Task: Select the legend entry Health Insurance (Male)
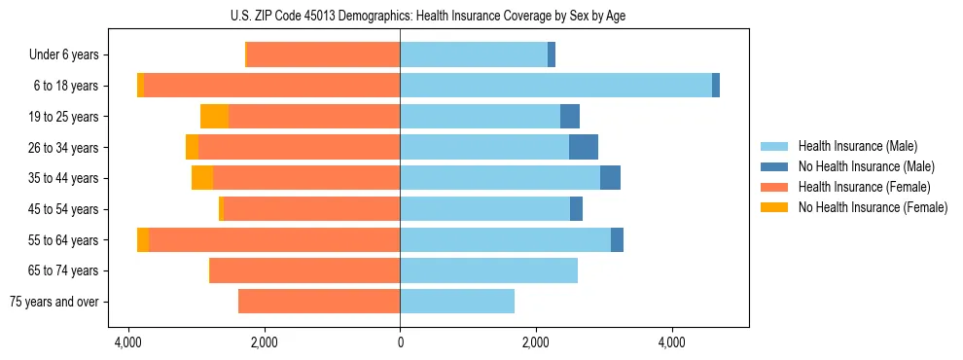[857, 146]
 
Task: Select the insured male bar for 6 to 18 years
[555, 86]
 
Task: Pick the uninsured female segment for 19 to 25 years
[214, 117]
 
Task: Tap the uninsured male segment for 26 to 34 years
[584, 147]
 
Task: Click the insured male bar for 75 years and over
[457, 302]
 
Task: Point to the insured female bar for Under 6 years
[324, 55]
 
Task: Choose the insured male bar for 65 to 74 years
[488, 270]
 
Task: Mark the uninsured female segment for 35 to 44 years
[202, 178]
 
